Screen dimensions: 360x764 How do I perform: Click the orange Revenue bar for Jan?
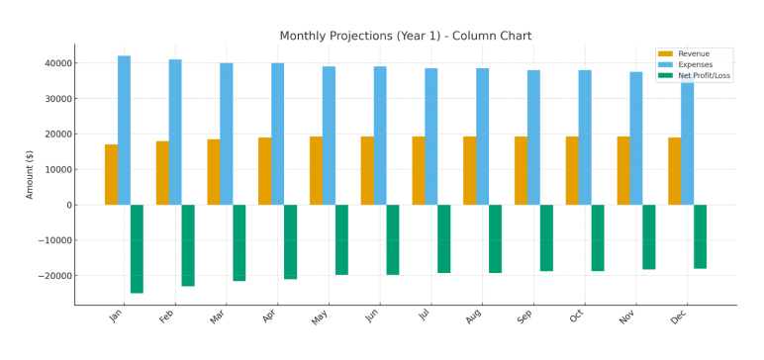[111, 175]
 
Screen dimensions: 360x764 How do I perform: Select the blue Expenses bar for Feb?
[175, 133]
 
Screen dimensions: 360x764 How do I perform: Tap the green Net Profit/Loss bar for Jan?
[137, 248]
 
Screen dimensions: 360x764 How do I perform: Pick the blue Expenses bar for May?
[329, 135]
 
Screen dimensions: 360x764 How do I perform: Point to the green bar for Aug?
[495, 238]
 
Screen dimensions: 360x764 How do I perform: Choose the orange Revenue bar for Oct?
[572, 171]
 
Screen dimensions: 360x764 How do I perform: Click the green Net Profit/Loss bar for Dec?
[700, 236]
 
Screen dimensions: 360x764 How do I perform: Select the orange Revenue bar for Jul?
[419, 171]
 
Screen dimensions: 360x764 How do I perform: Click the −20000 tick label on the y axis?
[49, 276]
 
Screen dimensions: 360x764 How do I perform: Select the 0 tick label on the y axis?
[66, 206]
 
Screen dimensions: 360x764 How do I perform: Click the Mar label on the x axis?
[216, 316]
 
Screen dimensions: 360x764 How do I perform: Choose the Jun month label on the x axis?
[370, 316]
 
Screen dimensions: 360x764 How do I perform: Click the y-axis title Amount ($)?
[30, 174]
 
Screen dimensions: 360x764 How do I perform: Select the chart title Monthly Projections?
[405, 36]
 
